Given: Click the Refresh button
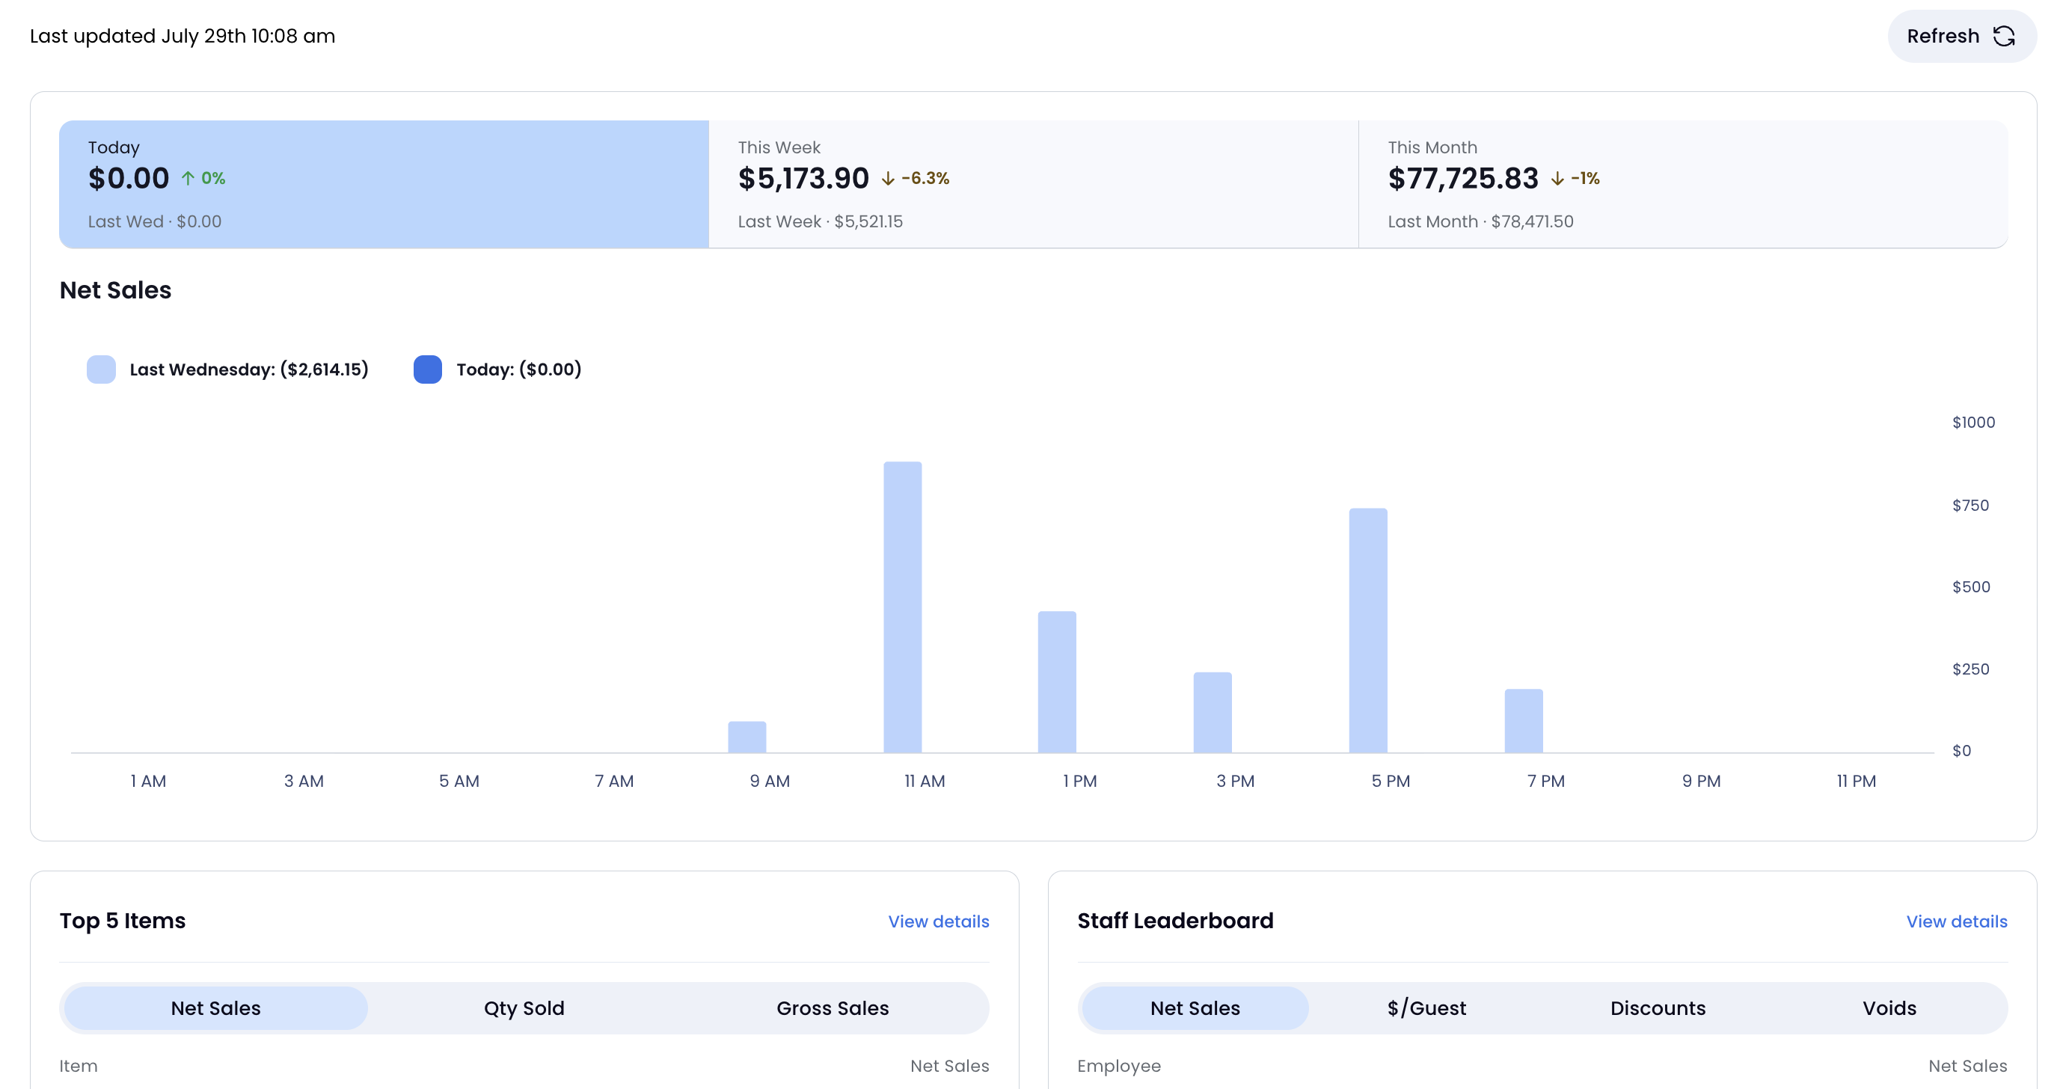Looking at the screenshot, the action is (1961, 36).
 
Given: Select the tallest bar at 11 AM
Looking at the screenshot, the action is (903, 607).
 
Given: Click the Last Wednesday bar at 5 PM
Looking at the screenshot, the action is (1368, 631).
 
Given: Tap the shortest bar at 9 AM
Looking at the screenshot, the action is (747, 737).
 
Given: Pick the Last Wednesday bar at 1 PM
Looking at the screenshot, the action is (1057, 682).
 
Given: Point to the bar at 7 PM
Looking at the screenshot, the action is (1523, 721).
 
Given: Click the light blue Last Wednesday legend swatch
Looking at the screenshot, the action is (101, 369).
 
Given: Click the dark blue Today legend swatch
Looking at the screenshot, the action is (428, 369).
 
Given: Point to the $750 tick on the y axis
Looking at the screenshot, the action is (1970, 506).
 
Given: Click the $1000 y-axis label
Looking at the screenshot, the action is (1973, 422).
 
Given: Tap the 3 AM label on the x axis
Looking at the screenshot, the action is (304, 781).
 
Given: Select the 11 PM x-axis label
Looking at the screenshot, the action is (1856, 781).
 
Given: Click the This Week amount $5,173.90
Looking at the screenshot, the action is (803, 178).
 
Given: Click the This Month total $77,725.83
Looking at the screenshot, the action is (1463, 178).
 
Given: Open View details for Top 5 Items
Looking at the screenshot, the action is (939, 921).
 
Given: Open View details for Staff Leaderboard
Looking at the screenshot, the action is (1957, 921).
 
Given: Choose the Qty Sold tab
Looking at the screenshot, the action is (524, 1008).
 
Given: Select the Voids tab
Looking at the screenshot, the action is (1889, 1008).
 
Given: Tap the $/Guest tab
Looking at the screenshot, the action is (1426, 1008).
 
